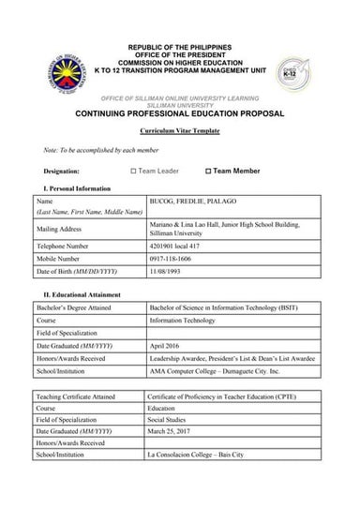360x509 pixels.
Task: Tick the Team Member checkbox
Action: (209, 172)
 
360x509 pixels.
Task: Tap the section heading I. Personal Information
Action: (67, 188)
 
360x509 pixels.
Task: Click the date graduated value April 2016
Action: (164, 345)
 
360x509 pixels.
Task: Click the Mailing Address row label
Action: (59, 228)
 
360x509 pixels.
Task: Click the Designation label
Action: (61, 172)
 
